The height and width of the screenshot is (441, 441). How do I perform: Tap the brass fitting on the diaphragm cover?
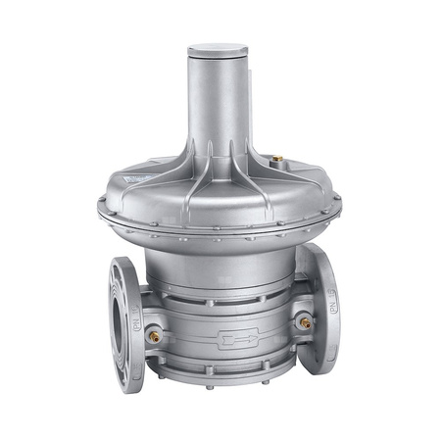click(x=276, y=156)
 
